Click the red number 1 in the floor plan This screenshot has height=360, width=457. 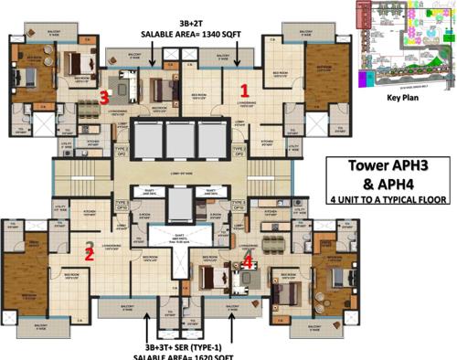(244, 90)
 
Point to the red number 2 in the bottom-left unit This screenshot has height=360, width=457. (89, 255)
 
